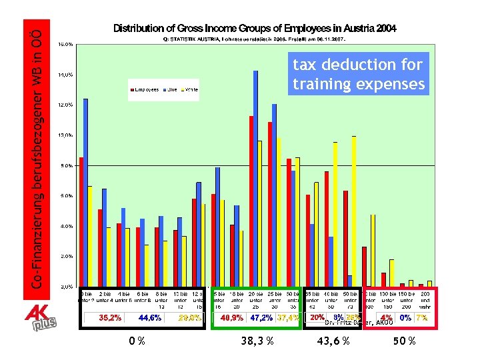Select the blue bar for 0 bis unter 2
(86, 193)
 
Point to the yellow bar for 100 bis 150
(392, 273)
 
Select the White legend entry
(189, 89)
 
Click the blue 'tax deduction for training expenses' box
(358, 74)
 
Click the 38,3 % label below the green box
(255, 341)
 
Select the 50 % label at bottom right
(405, 341)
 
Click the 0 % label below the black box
(137, 341)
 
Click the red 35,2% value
(110, 318)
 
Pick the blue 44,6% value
(150, 318)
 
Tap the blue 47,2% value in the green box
(261, 318)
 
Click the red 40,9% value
(231, 318)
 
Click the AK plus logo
(40, 319)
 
